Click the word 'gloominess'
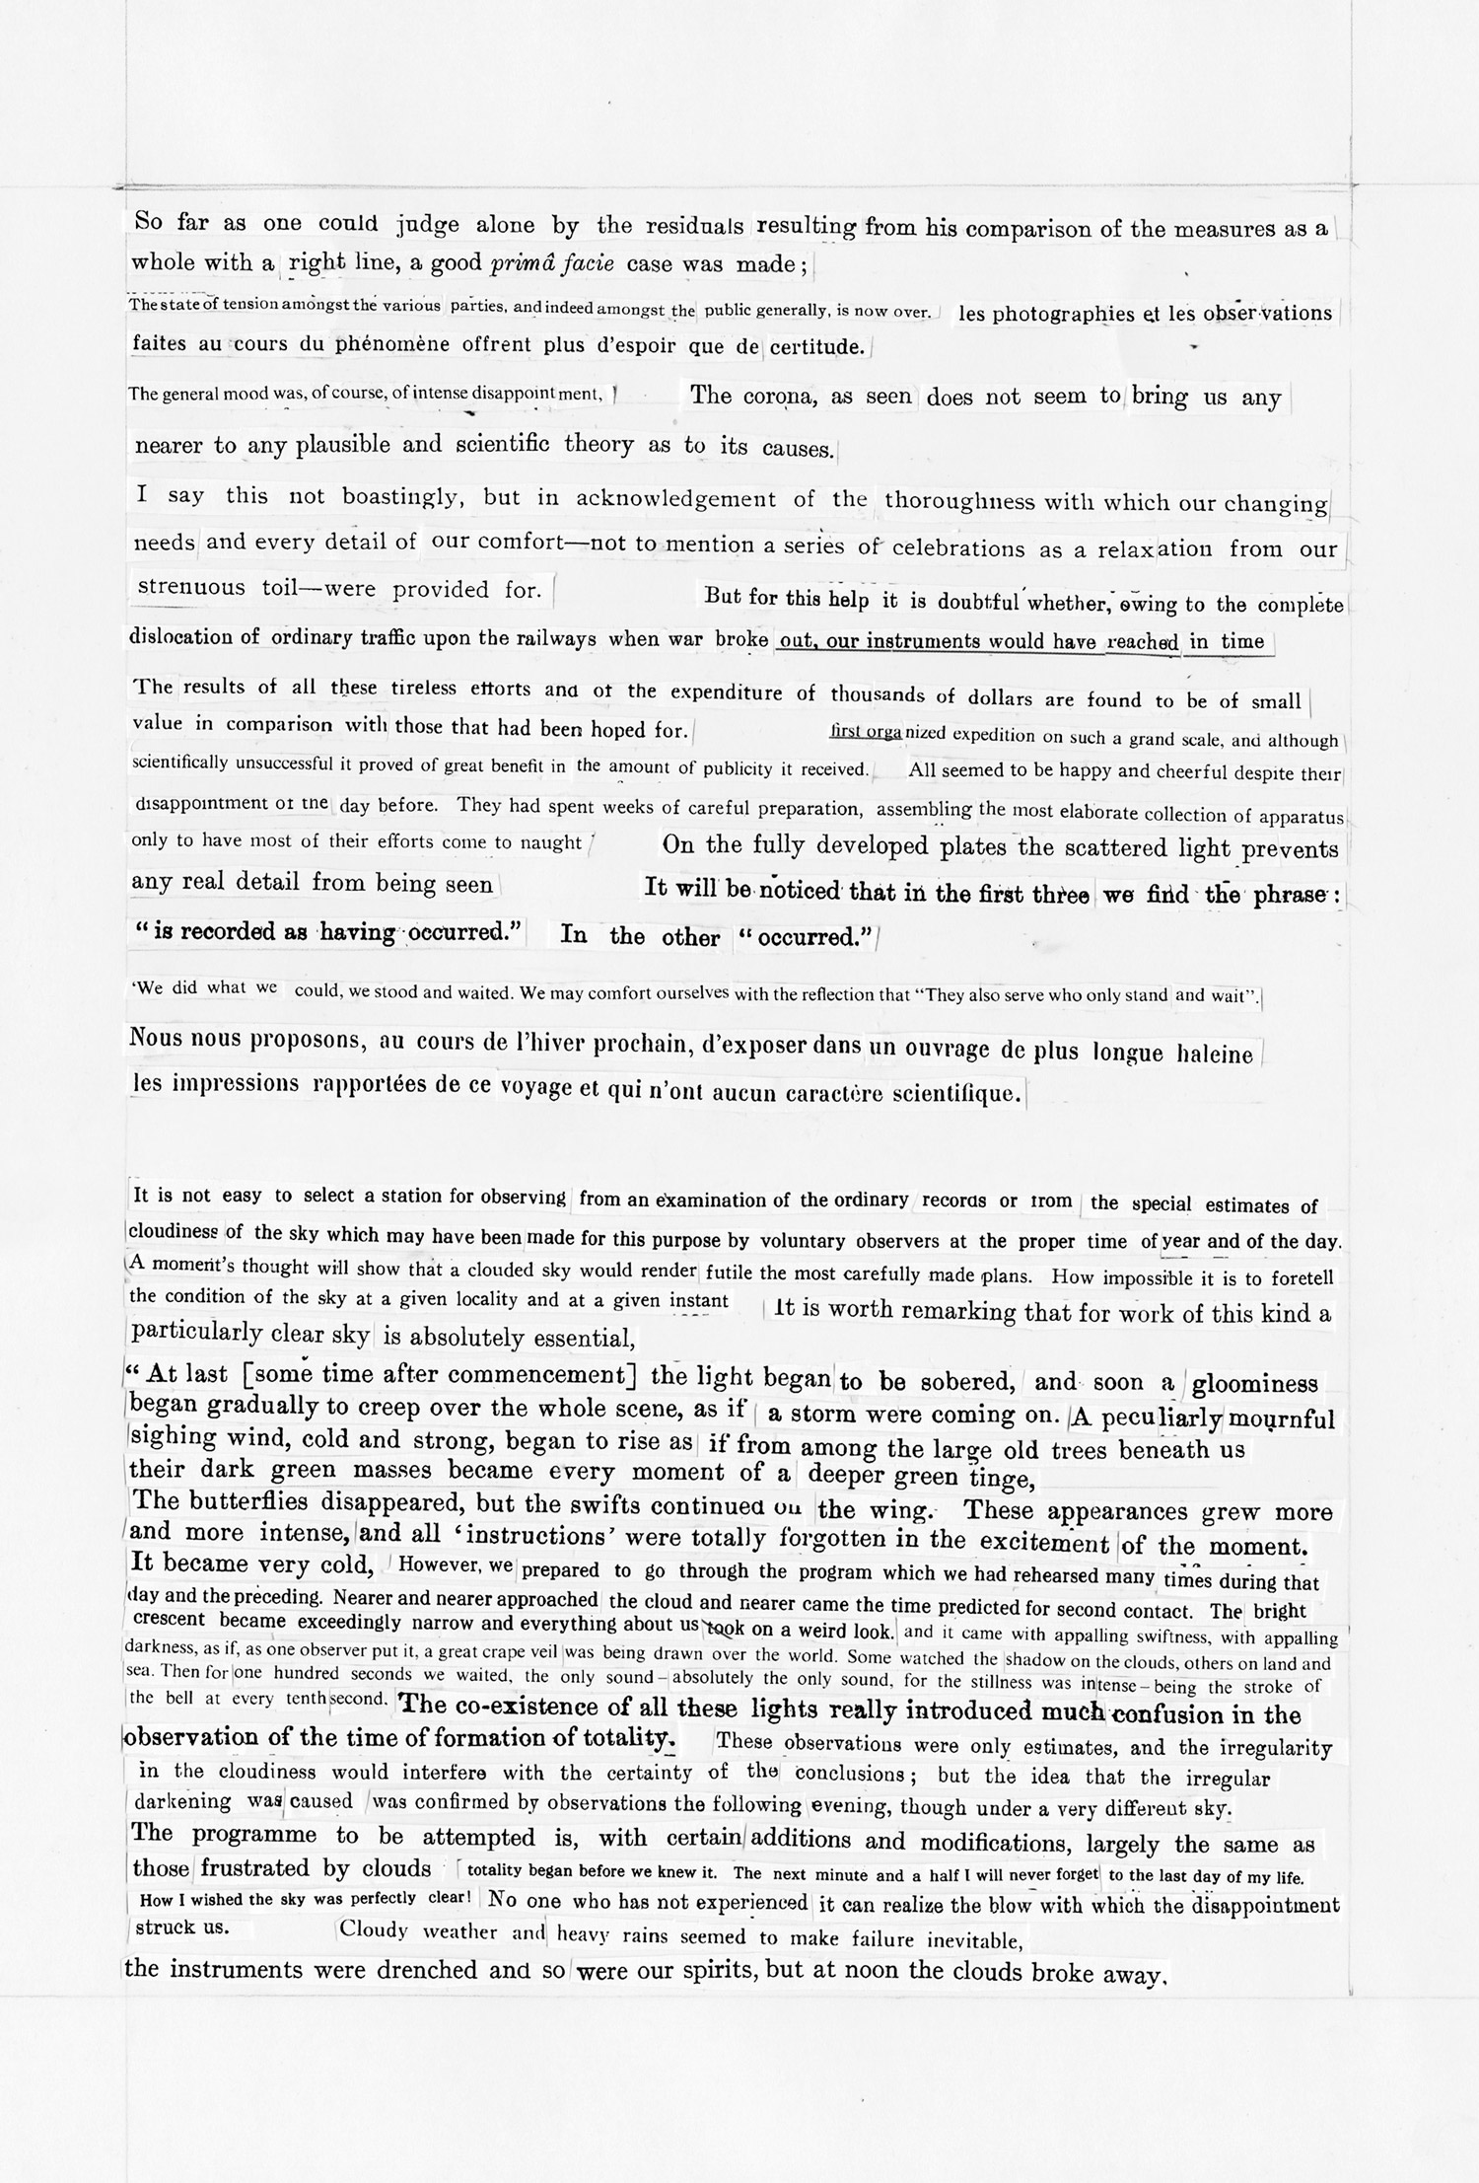1254,1384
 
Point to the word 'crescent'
169,1620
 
